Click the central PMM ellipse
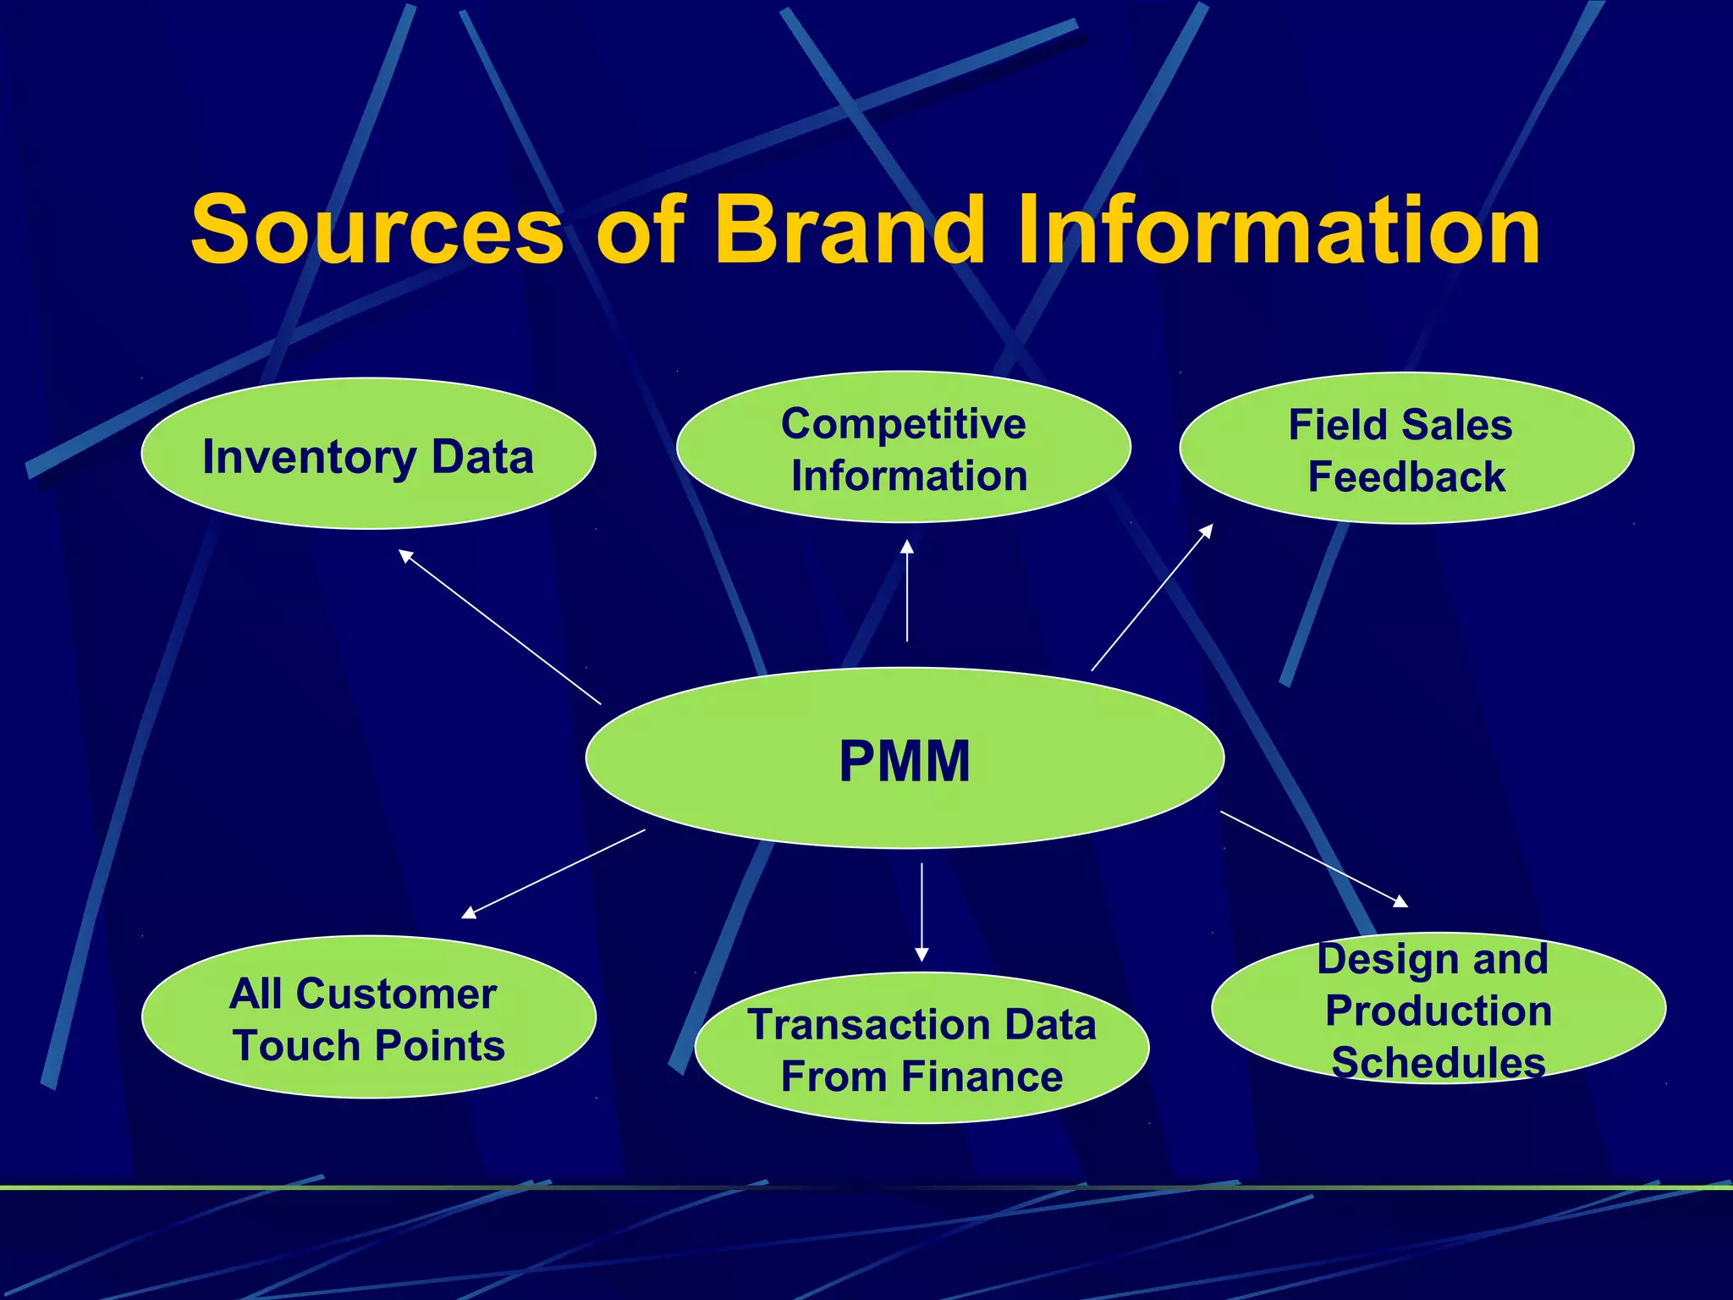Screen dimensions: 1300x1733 click(904, 759)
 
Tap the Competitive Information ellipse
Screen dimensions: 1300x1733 click(903, 449)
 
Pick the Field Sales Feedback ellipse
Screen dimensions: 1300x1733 click(1406, 449)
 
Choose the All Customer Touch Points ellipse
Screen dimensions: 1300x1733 click(368, 1017)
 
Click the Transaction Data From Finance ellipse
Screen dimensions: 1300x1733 click(922, 1049)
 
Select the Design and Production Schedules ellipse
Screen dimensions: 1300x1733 click(1438, 1009)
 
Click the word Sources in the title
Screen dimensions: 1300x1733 click(377, 230)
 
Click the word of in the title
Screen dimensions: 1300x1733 click(640, 230)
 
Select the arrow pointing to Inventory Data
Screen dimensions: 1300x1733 click(499, 626)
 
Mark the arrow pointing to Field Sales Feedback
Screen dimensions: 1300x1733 click(1152, 598)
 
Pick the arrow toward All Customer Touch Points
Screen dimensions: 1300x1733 click(553, 873)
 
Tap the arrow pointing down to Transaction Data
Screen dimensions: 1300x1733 click(922, 912)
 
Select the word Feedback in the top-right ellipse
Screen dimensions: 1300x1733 click(1406, 477)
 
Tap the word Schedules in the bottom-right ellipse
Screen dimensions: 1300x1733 click(1438, 1063)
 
